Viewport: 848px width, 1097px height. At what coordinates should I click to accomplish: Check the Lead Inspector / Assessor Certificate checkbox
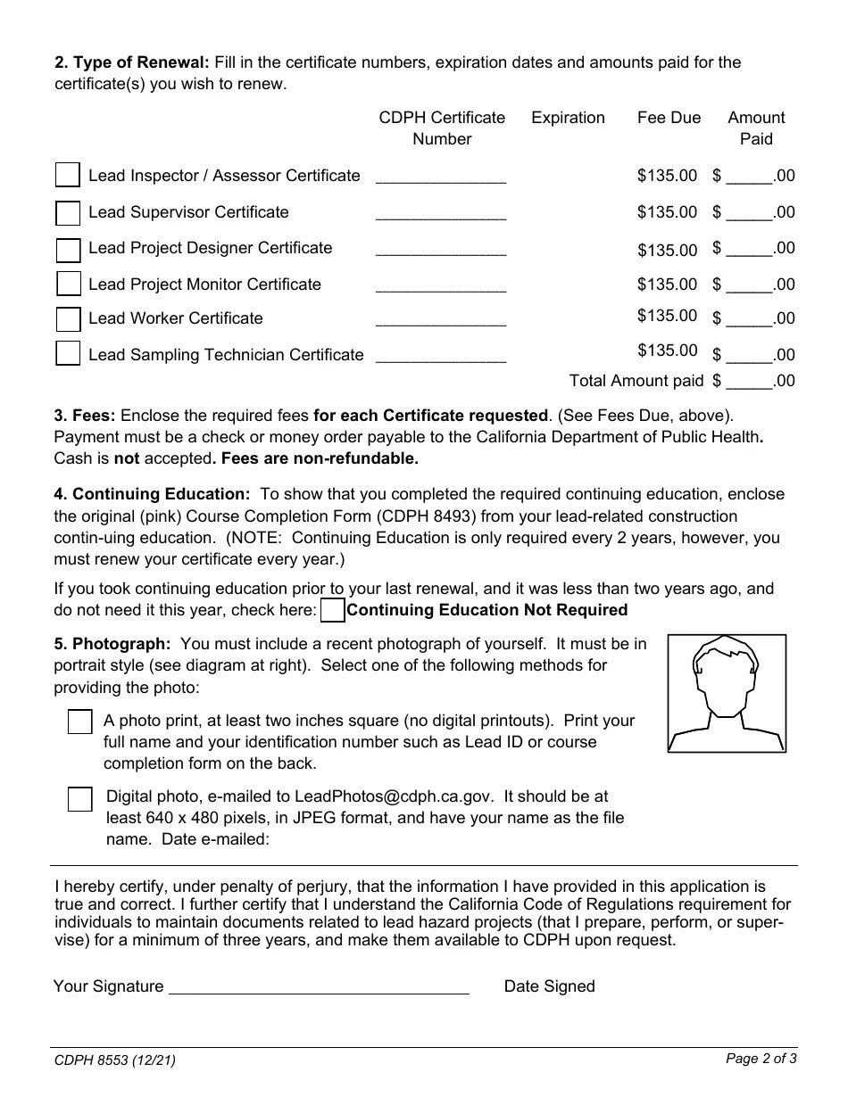pos(68,175)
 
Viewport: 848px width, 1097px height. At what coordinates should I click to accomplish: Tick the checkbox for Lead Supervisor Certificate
pos(68,213)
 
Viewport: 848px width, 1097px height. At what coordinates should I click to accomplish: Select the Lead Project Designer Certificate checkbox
pos(68,249)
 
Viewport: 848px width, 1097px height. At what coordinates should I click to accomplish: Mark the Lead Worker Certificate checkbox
pos(68,319)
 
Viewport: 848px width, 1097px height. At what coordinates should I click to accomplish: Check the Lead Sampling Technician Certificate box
pos(68,354)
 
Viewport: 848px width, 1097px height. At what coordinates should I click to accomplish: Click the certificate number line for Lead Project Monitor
pos(441,285)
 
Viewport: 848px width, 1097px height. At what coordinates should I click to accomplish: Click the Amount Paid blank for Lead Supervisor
pos(749,213)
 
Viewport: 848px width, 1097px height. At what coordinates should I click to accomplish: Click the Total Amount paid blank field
pos(749,382)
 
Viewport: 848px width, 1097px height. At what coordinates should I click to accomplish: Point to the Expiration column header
pos(568,118)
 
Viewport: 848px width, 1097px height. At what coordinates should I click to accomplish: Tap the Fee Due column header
pos(669,118)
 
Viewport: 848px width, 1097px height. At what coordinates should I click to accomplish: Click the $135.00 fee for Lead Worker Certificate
pos(667,316)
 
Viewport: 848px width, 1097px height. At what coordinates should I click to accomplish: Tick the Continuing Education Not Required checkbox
pos(332,610)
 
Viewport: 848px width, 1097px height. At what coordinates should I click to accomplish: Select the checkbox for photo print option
pos(80,722)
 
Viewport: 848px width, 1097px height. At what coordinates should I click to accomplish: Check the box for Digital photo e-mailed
pos(80,799)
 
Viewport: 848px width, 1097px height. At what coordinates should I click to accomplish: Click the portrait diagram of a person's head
pos(727,693)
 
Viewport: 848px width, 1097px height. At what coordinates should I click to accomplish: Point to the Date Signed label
pos(549,986)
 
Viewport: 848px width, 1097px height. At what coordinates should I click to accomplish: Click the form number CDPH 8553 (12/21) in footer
pos(115,1060)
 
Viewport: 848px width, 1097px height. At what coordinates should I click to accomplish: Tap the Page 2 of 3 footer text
pos(761,1060)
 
